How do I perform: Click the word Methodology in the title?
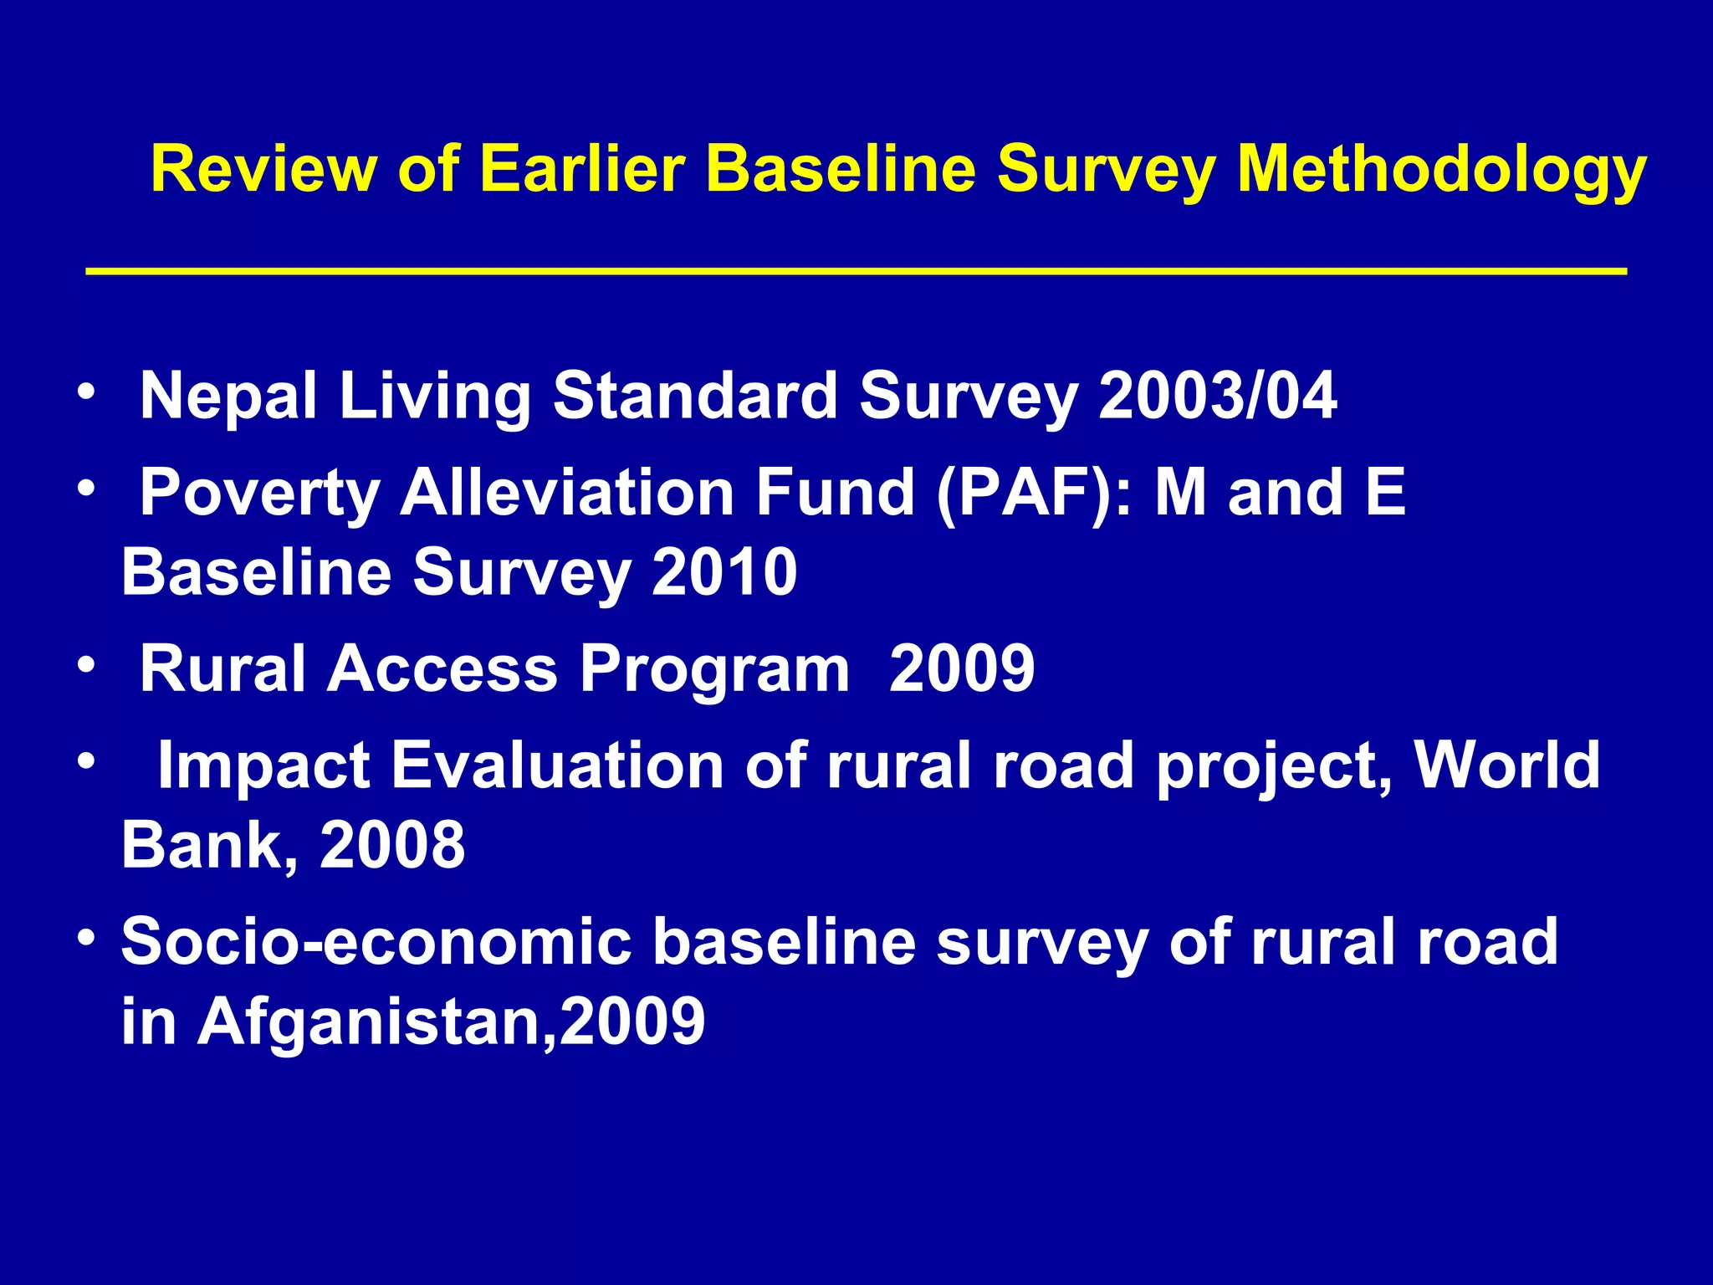click(1440, 170)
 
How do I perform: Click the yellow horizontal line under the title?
click(856, 272)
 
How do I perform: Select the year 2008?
click(392, 845)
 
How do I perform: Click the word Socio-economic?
click(376, 942)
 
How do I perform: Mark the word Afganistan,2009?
click(451, 1021)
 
